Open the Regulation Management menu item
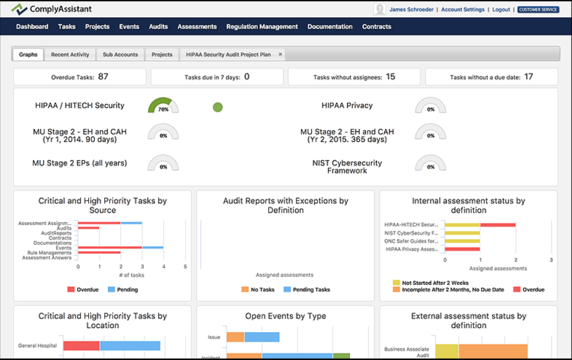pyautogui.click(x=262, y=27)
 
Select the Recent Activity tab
pyautogui.click(x=70, y=54)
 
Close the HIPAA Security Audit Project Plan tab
pyautogui.click(x=280, y=54)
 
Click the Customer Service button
pyautogui.click(x=538, y=10)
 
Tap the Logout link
pyautogui.click(x=501, y=10)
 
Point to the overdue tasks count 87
pyautogui.click(x=103, y=76)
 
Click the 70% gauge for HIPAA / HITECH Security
pyautogui.click(x=163, y=106)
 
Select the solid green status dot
pyautogui.click(x=218, y=107)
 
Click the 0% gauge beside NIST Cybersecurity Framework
pyautogui.click(x=431, y=164)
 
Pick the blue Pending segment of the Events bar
pyautogui.click(x=152, y=248)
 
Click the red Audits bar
pyautogui.click(x=89, y=228)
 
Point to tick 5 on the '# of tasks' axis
pyautogui.click(x=185, y=266)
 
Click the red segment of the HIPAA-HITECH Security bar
pyautogui.click(x=498, y=225)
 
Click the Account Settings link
pyautogui.click(x=463, y=10)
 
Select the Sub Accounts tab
pyautogui.click(x=120, y=54)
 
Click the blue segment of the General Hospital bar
pyautogui.click(x=130, y=346)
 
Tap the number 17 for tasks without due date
pyautogui.click(x=529, y=76)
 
